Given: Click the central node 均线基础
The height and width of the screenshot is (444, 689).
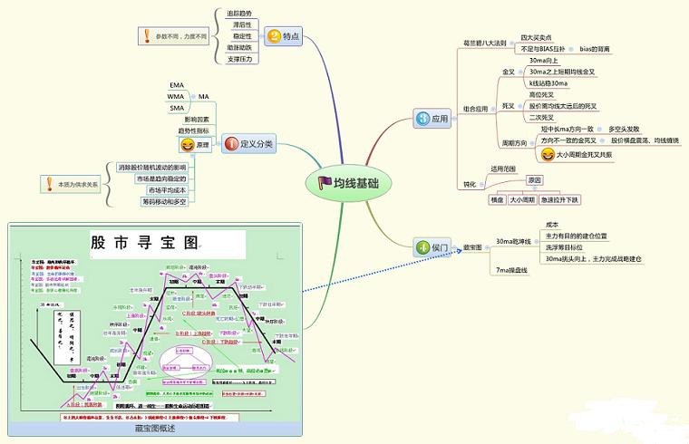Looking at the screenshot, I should coord(348,182).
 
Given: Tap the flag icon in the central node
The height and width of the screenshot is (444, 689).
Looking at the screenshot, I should coord(325,182).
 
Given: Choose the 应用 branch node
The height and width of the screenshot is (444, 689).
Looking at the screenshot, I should coord(432,119).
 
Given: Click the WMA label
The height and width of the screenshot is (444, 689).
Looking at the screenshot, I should coord(176,96).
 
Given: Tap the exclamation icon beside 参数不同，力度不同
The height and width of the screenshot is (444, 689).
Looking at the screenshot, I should coord(147,37).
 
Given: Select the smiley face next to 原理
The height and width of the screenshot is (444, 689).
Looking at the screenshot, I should coord(187,144).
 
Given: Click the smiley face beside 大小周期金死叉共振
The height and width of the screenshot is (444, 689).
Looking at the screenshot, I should coord(547,155).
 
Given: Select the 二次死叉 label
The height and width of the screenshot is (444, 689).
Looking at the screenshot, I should coord(541,117).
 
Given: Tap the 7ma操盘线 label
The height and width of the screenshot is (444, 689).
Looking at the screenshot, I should coord(511,270).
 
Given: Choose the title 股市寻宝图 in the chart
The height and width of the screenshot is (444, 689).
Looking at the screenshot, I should coord(143,243).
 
